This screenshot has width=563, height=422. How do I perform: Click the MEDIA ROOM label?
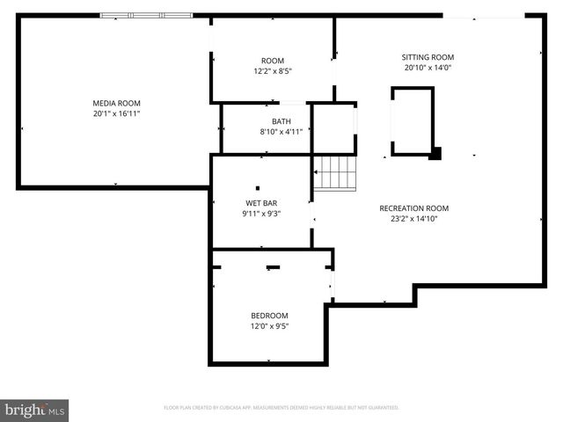tap(117, 103)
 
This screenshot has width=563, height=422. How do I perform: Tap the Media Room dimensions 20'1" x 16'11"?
tap(117, 113)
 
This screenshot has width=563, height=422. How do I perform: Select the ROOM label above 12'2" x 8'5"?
tap(273, 61)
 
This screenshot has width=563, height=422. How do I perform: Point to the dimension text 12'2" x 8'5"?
tap(273, 71)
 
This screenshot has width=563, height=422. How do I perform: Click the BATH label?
tap(281, 121)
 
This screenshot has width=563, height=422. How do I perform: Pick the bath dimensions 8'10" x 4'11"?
tap(281, 132)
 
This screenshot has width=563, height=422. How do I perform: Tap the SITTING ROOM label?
tap(428, 57)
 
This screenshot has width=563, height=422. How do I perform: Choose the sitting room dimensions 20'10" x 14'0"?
tap(428, 68)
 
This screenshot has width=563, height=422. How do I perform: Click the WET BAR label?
tap(261, 203)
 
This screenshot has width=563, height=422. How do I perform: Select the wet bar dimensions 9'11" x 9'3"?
tap(261, 214)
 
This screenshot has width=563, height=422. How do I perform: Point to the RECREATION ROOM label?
tap(413, 208)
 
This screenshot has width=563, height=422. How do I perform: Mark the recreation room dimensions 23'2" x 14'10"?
tap(413, 219)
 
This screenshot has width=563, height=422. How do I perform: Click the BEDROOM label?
tap(269, 316)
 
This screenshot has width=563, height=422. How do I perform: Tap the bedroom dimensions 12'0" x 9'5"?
tap(269, 326)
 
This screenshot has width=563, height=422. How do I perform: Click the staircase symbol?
tap(338, 172)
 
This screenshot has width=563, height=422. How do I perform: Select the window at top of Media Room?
tap(146, 15)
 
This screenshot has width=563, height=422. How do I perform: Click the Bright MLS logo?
tap(35, 410)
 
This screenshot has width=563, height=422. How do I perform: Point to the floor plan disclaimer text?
tap(281, 408)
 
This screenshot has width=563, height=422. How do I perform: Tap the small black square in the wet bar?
tap(258, 187)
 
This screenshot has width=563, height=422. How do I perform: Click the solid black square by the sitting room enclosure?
tap(435, 155)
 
